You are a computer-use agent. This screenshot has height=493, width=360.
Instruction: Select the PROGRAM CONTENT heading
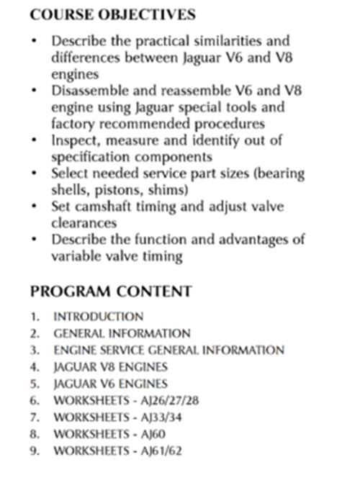coord(111,291)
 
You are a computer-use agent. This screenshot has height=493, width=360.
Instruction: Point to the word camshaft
coord(100,207)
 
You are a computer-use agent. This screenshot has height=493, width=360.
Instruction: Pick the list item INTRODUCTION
coord(98,316)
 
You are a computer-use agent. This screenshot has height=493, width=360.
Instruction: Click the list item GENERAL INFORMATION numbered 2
coord(122,333)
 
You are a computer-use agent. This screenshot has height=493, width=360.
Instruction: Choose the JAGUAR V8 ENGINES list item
coord(111,367)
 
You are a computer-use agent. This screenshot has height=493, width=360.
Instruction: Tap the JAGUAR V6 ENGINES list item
coord(111,384)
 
